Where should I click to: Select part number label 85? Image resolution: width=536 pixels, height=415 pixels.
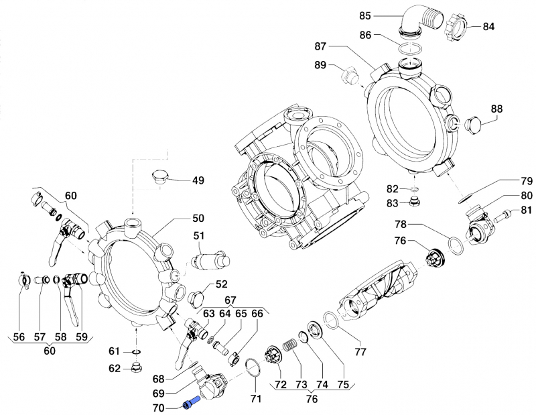click(x=384, y=15)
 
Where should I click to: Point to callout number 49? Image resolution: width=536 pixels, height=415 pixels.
click(x=198, y=180)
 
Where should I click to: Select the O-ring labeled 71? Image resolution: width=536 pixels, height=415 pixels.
click(x=253, y=368)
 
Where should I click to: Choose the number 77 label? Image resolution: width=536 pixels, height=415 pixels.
click(x=360, y=351)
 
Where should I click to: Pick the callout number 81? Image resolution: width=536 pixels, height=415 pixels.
click(x=526, y=211)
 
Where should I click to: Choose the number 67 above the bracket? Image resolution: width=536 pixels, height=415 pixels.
click(x=230, y=300)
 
